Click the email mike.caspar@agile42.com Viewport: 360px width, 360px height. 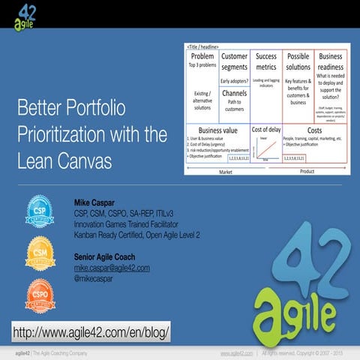tap(112, 268)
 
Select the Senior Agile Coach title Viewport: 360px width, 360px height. tap(106, 257)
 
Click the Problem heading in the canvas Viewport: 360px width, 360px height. tap(202, 56)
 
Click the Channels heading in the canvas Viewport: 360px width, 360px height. tap(234, 93)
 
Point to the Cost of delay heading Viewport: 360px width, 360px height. tap(266, 129)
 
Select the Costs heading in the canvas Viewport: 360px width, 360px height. tap(314, 130)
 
